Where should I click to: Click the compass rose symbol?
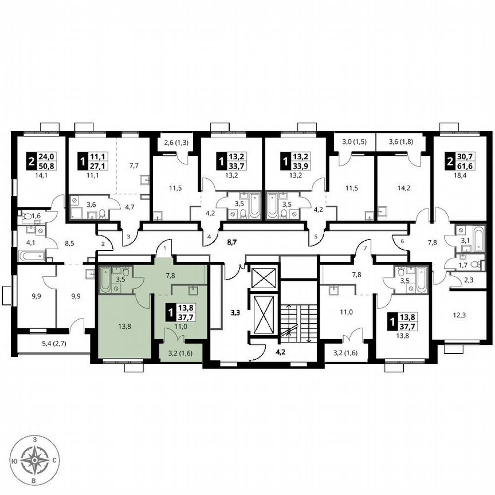(x=36, y=459)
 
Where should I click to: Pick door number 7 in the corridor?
(x=363, y=247)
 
